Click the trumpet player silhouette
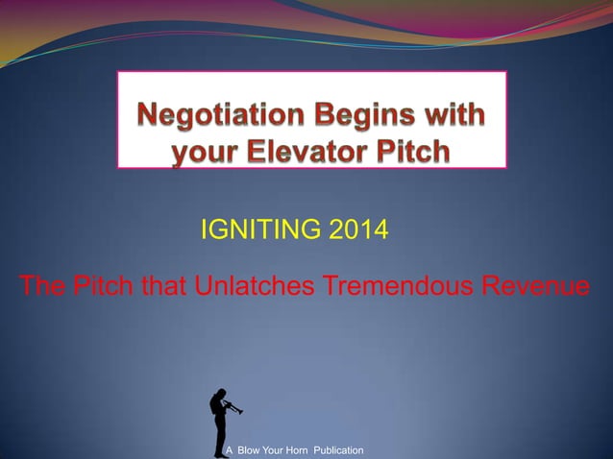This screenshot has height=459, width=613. tap(220, 423)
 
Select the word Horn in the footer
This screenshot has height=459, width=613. tap(305, 450)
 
